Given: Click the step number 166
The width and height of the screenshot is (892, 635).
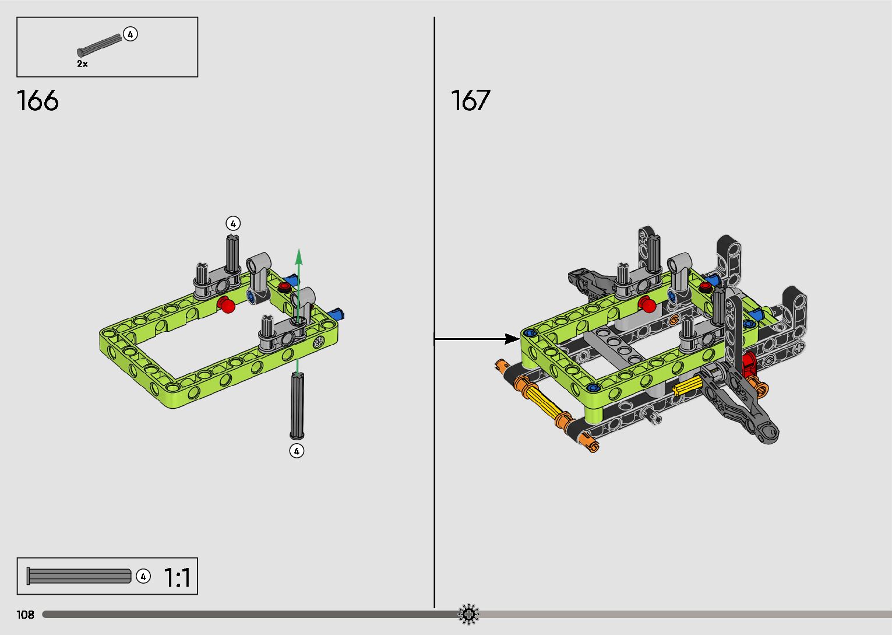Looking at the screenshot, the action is tap(38, 100).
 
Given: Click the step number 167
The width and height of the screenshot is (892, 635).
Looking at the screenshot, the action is tap(470, 100).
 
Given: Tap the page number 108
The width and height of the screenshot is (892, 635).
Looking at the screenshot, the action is tap(26, 614).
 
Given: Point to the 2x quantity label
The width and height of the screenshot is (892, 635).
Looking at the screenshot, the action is tap(82, 64).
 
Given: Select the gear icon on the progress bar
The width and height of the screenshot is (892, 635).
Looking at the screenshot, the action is tap(468, 614).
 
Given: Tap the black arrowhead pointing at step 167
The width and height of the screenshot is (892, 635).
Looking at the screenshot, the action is tap(512, 339).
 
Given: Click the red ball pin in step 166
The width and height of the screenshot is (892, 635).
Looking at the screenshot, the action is tap(227, 305).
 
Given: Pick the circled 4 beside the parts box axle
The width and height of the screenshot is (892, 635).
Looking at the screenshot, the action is tap(130, 34).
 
